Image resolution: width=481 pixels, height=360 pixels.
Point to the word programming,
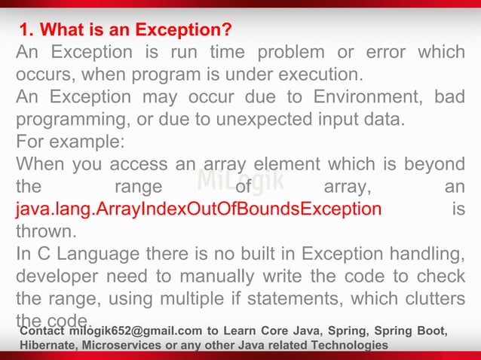click(66, 121)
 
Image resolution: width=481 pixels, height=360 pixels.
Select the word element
click(274, 164)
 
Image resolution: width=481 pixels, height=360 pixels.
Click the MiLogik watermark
click(240, 181)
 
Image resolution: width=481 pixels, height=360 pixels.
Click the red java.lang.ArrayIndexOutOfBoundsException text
click(198, 209)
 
